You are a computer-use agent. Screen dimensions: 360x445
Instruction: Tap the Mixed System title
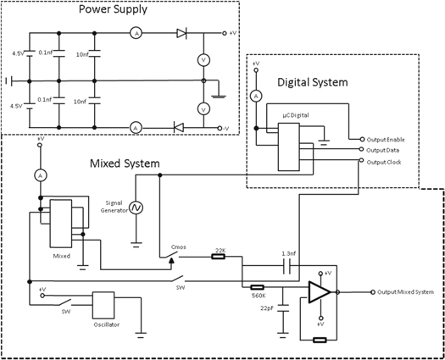tap(125, 163)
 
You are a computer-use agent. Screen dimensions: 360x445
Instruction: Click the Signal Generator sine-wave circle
tap(135, 208)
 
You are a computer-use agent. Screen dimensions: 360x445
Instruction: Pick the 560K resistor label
tap(259, 296)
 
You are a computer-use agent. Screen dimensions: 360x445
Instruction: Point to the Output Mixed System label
tap(405, 292)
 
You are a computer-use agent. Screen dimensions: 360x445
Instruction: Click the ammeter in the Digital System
tap(254, 97)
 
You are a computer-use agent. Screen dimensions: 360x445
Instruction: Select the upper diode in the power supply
tap(181, 34)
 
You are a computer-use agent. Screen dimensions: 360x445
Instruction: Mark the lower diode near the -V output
tap(178, 127)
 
